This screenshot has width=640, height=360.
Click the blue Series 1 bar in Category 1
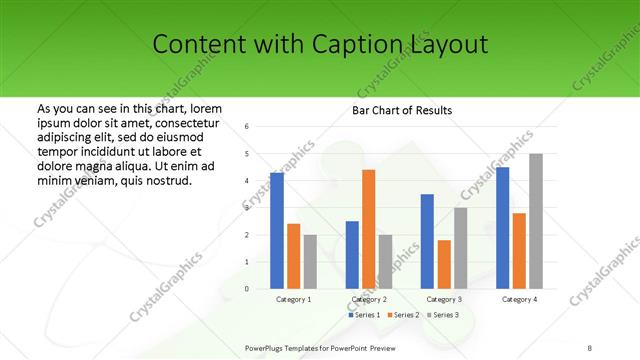pyautogui.click(x=277, y=230)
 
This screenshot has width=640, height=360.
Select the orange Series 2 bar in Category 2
pyautogui.click(x=369, y=229)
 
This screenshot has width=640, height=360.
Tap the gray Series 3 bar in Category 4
pyautogui.click(x=536, y=221)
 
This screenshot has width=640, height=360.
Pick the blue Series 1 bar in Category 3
pyautogui.click(x=427, y=241)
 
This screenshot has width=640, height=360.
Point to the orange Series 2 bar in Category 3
pyautogui.click(x=444, y=264)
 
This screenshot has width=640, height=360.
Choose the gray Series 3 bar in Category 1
pyautogui.click(x=310, y=261)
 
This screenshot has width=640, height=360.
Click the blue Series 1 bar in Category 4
pyautogui.click(x=503, y=227)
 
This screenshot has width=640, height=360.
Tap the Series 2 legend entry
pyautogui.click(x=403, y=315)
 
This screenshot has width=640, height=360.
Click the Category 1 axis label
pyautogui.click(x=293, y=299)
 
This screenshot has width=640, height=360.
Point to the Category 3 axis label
pyautogui.click(x=444, y=299)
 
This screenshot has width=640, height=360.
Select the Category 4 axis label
pyautogui.click(x=519, y=299)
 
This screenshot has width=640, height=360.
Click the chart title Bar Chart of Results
pyautogui.click(x=403, y=110)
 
